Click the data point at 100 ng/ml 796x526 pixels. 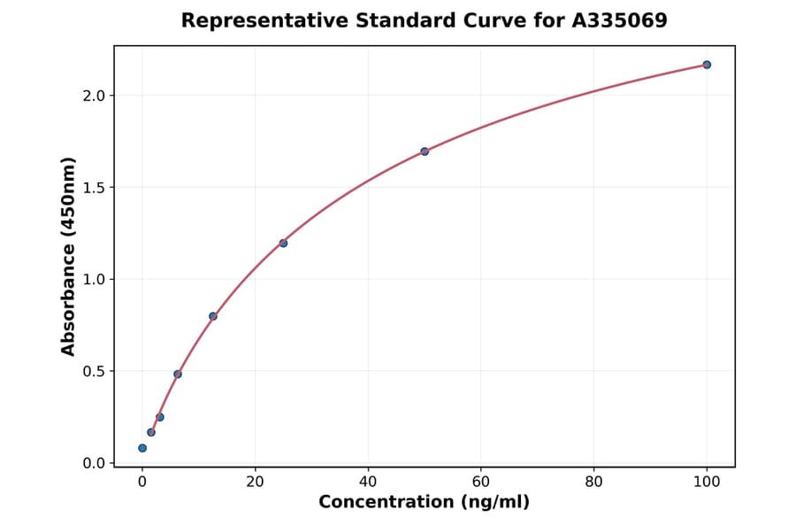707,65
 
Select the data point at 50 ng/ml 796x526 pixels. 425,151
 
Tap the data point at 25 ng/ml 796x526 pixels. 283,244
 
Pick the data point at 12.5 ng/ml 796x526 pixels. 213,316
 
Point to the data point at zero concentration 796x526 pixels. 142,448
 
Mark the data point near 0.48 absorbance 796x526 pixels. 178,375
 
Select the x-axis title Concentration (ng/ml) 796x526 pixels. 424,503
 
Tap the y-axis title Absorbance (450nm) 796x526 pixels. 69,256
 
